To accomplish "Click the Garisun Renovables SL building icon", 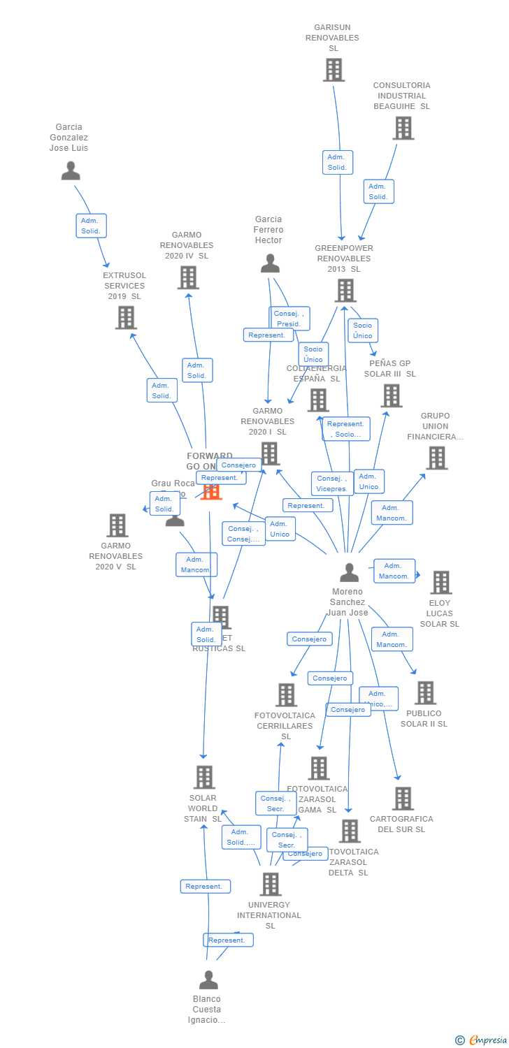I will [334, 70].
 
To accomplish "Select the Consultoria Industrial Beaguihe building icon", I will [403, 128].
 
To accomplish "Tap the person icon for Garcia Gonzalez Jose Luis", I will [71, 170].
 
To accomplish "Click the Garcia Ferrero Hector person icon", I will [270, 263].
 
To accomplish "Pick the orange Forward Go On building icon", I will [211, 490].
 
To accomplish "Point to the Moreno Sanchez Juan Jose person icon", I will [349, 572].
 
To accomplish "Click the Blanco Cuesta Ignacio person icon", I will [208, 980].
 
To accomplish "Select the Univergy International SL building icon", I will [270, 884].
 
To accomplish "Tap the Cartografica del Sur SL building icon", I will [402, 799].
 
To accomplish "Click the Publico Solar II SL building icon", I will [424, 693].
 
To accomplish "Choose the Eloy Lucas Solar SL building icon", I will [440, 582].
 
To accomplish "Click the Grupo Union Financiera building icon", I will [436, 458].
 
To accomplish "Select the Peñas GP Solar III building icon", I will [391, 395].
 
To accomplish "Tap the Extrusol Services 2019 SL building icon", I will [125, 318].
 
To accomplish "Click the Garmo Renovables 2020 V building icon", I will [117, 525].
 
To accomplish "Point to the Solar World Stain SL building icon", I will [203, 777].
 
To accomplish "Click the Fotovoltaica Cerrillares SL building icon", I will [286, 695].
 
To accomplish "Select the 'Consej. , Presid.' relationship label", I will [289, 319].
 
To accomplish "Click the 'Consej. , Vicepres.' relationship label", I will [331, 483].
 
